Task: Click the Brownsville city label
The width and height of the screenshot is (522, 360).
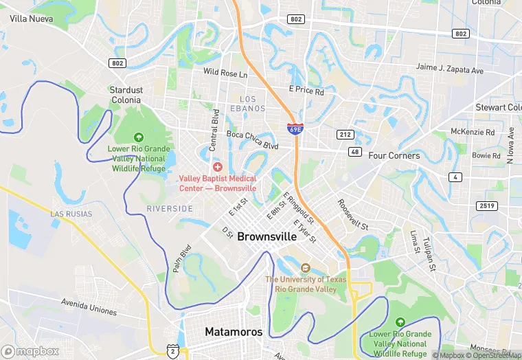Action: point(267,236)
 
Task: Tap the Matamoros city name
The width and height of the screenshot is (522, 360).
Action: point(234,332)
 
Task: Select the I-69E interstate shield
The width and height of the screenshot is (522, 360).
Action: point(295,128)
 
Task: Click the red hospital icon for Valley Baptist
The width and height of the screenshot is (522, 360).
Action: point(218,167)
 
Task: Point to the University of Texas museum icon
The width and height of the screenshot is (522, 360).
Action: point(306,267)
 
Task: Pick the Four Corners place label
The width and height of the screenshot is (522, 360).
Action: point(394,156)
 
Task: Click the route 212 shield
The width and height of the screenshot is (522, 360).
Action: point(345,134)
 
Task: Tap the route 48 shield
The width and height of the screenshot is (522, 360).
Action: point(354,151)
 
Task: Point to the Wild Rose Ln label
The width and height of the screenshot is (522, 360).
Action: point(225,72)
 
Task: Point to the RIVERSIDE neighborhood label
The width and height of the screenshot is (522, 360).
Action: point(170,208)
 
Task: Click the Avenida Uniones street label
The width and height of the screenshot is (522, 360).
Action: point(89,306)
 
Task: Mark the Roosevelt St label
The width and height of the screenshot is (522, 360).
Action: point(352,214)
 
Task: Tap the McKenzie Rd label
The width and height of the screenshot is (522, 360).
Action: point(473,132)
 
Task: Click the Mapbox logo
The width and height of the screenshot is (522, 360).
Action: point(30,351)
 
